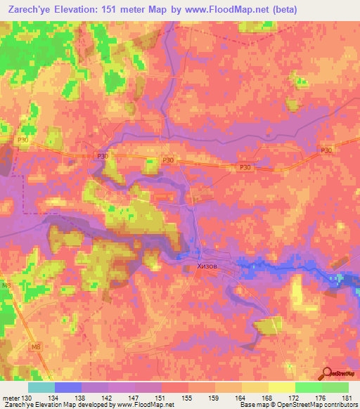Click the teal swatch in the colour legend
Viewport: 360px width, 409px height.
click(x=41, y=388)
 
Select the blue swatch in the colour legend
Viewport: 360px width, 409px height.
click(x=68, y=388)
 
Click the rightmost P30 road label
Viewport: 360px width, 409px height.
click(x=325, y=150)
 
